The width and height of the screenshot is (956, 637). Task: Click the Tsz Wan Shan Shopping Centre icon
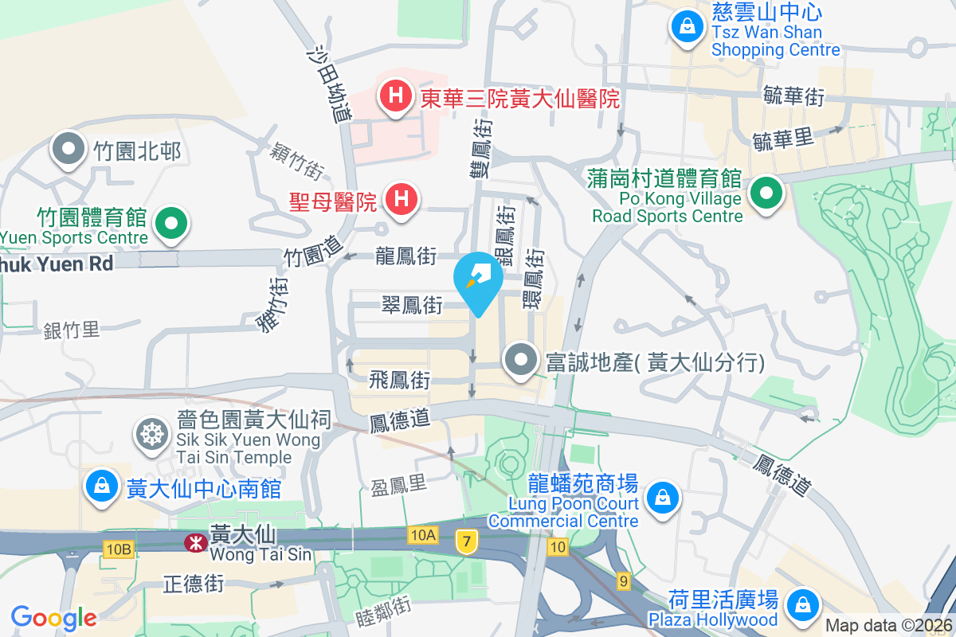tap(686, 26)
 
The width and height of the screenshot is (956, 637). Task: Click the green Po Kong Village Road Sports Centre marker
tap(766, 193)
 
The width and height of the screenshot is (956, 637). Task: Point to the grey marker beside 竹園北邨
tap(69, 150)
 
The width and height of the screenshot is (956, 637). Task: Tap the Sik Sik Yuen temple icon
tap(150, 435)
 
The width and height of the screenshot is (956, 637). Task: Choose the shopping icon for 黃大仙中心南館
tap(102, 487)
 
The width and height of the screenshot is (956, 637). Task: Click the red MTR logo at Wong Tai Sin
tap(193, 543)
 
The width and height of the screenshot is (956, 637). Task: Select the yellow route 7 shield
tap(466, 542)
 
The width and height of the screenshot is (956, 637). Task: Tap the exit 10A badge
tap(424, 535)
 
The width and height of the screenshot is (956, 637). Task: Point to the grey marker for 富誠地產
tap(522, 360)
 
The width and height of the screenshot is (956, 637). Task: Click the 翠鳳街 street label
tap(412, 305)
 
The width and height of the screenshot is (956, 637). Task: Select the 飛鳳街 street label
tap(399, 381)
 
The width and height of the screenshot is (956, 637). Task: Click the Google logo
tap(54, 617)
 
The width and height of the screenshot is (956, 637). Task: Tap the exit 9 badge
tap(623, 581)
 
